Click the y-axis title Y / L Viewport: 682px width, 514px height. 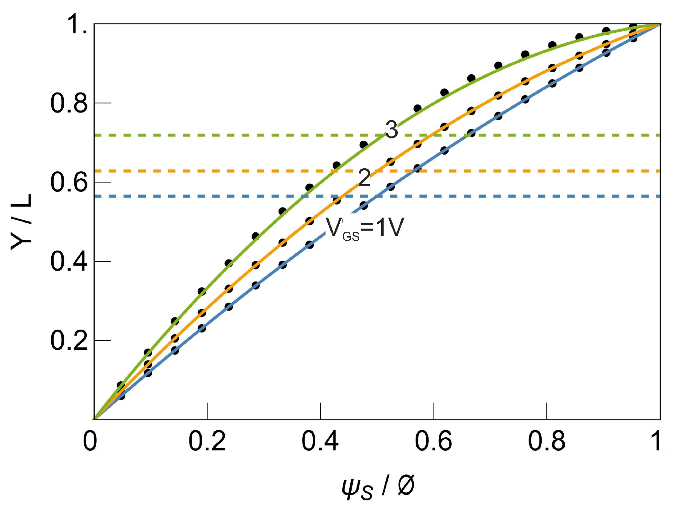click(21, 222)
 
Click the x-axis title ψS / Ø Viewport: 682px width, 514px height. click(378, 487)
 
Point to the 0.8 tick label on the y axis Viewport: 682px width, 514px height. click(69, 103)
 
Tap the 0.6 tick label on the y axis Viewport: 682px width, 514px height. click(69, 182)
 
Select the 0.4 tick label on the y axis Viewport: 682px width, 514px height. click(69, 261)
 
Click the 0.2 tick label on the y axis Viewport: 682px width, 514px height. click(69, 340)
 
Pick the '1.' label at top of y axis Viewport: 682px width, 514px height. click(77, 24)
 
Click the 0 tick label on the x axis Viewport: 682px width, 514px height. click(90, 441)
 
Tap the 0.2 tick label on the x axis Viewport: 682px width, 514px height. click(207, 441)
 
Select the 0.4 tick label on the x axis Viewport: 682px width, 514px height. click(320, 441)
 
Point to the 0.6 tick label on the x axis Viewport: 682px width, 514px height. click(433, 441)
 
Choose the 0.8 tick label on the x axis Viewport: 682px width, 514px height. click(546, 441)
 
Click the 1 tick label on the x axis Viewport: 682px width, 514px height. click(657, 441)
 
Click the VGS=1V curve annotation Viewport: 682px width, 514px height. click(365, 228)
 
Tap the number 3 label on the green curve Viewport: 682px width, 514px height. click(392, 130)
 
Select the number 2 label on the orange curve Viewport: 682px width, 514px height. click(364, 178)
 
